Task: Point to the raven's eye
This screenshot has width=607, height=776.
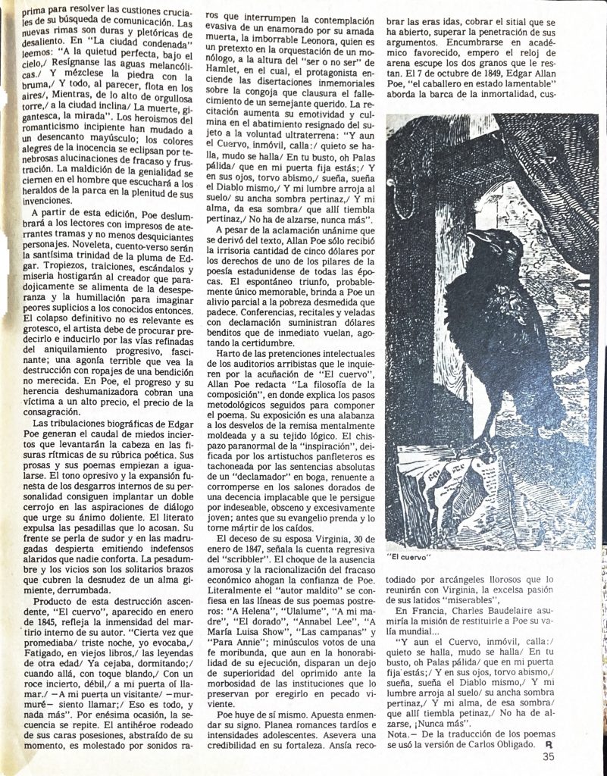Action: coord(493,238)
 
